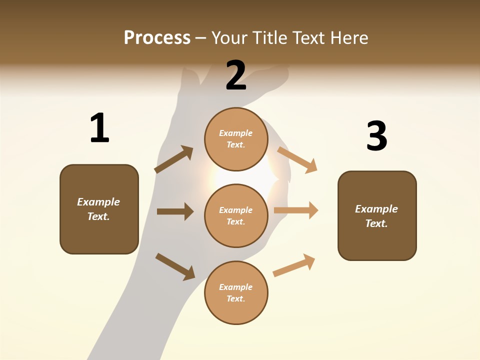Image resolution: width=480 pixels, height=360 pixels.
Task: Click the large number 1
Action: (99, 128)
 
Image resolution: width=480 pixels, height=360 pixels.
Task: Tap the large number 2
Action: (236, 75)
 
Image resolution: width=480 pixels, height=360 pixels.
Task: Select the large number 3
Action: (376, 136)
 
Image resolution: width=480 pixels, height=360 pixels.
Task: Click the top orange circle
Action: (236, 139)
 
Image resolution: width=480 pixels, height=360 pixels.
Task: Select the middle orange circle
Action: (236, 216)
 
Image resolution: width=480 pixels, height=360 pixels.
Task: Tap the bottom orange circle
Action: (236, 293)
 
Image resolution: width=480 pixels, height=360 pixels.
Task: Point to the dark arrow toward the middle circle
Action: (175, 211)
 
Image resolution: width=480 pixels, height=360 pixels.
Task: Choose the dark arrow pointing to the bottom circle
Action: (175, 266)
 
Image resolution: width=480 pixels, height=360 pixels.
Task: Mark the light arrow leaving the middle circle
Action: (296, 210)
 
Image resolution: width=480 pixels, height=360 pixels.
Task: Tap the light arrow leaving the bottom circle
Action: (294, 265)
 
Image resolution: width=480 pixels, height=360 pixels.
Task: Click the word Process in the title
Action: (157, 37)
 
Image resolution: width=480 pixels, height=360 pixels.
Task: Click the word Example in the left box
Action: (98, 202)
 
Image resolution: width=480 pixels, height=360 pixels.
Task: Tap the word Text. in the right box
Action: (376, 223)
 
